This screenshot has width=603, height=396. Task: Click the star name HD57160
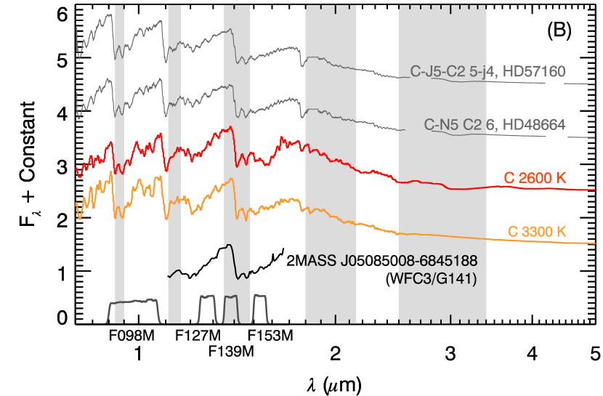[x=535, y=71]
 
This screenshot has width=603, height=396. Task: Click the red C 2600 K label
[x=535, y=178]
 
